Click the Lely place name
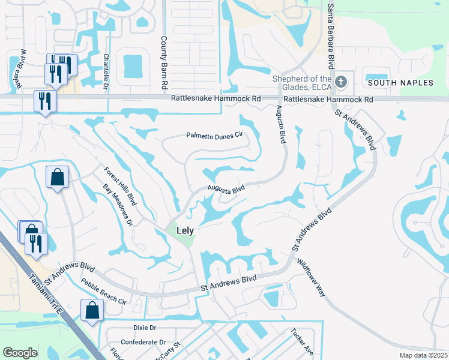click(184, 230)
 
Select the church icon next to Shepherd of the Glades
click(341, 81)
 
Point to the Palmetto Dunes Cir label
click(214, 136)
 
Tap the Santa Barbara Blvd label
click(331, 37)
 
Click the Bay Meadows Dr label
click(118, 205)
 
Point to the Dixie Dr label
click(144, 328)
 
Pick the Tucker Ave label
click(302, 341)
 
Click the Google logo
click(20, 353)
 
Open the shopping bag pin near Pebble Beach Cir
click(92, 310)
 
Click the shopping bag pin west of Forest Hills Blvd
click(57, 177)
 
